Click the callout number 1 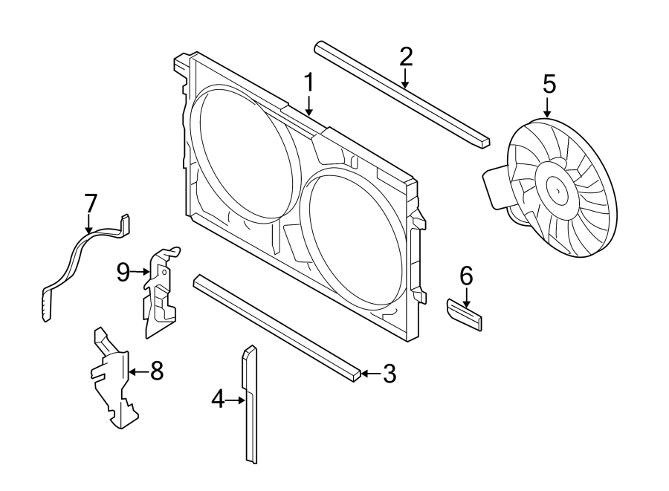coord(308,82)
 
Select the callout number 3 coord(389,374)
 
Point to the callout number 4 coord(218,400)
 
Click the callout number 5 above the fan coord(549,84)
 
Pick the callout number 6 coord(466,276)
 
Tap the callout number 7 coord(90,203)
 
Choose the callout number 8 coord(156,371)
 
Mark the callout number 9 coord(123,273)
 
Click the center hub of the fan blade coord(556,190)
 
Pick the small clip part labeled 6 coord(464,313)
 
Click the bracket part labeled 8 coord(111,379)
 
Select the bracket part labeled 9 coord(160,293)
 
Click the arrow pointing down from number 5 coord(549,107)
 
